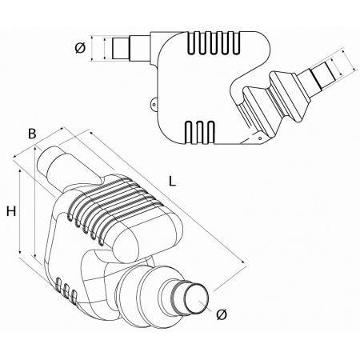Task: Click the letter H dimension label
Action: (11, 211)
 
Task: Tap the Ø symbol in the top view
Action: (80, 48)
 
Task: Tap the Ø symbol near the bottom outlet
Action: (222, 315)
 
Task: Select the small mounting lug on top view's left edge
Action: (152, 102)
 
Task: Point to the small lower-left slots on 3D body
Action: (67, 293)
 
